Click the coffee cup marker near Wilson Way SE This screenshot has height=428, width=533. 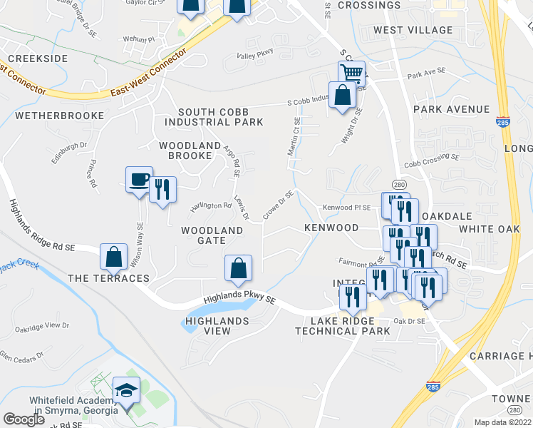coord(138,180)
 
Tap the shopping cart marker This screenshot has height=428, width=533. coord(351,73)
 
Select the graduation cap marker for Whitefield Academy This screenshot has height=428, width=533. coord(125,391)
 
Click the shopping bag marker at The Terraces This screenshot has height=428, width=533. coord(114,257)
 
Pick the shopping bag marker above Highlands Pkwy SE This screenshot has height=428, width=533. coord(238,268)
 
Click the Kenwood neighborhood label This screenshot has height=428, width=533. coord(331,228)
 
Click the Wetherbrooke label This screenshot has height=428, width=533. coord(59,115)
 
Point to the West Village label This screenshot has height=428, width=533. coord(413,30)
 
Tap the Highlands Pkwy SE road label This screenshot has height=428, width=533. coord(239,301)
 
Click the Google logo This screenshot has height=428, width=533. coord(24,419)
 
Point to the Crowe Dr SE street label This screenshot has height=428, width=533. coord(278,205)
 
